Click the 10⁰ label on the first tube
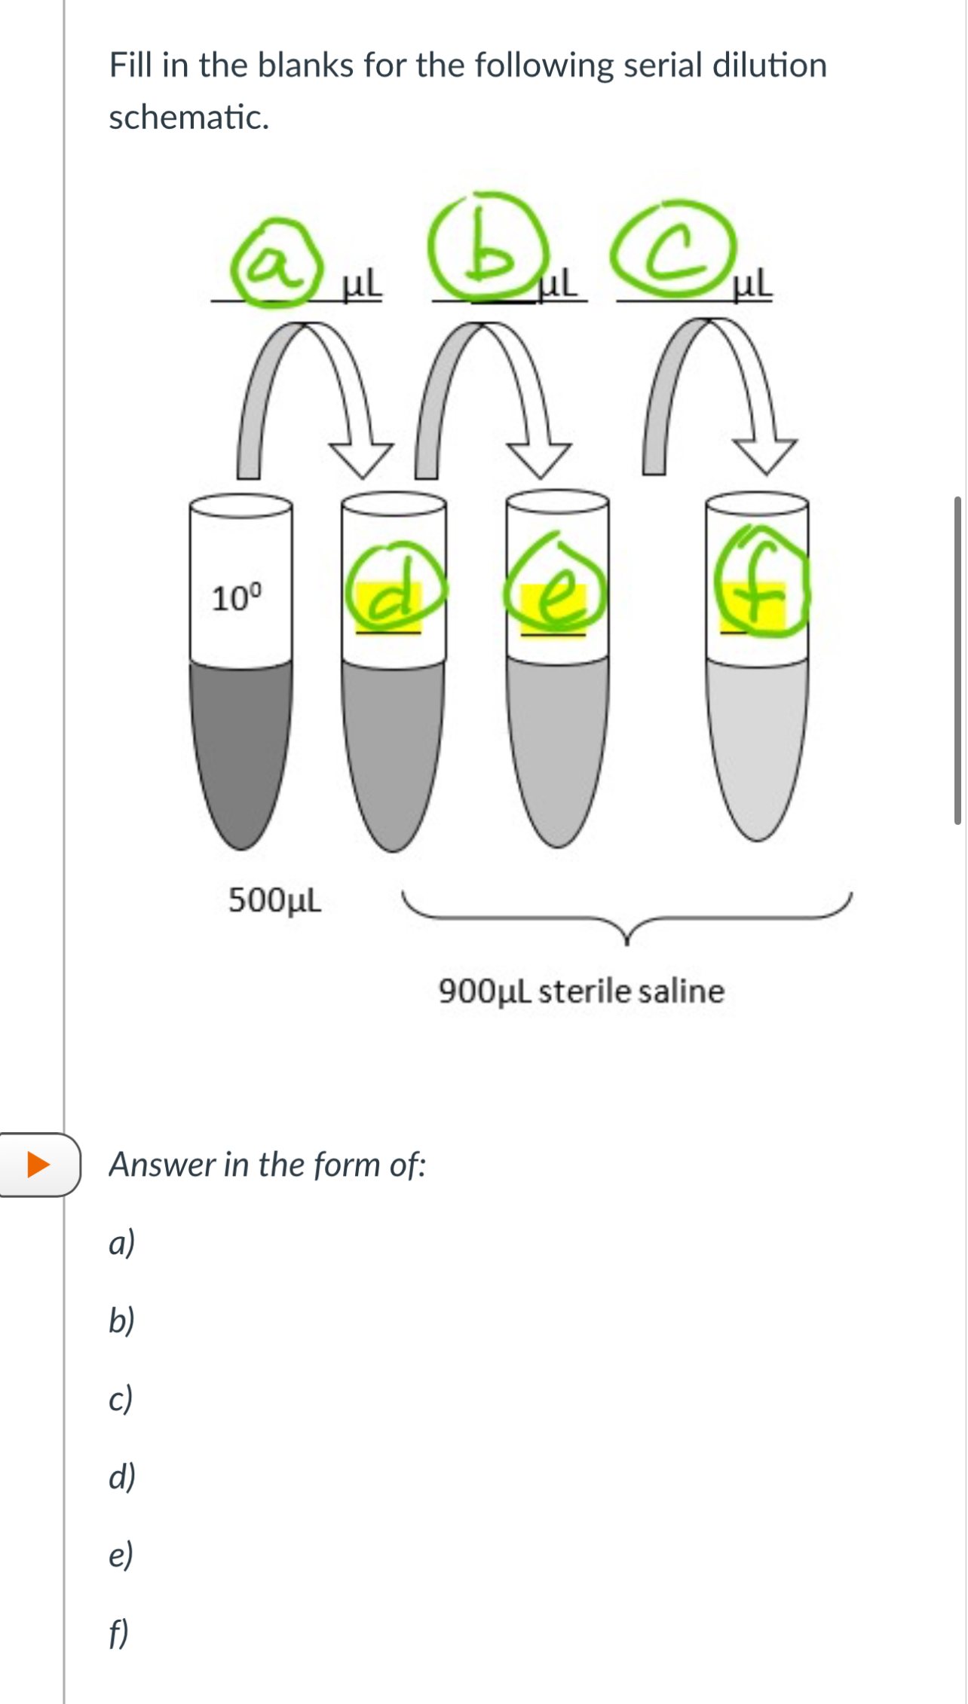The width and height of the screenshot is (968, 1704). [x=237, y=597]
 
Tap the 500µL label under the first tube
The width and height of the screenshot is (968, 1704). [x=275, y=899]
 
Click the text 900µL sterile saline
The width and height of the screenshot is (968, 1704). [x=581, y=991]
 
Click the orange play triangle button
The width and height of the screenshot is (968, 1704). [x=38, y=1165]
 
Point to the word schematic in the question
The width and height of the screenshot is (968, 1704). [x=189, y=118]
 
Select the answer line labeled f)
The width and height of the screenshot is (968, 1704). [x=119, y=1633]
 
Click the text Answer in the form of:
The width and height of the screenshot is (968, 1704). [x=268, y=1165]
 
